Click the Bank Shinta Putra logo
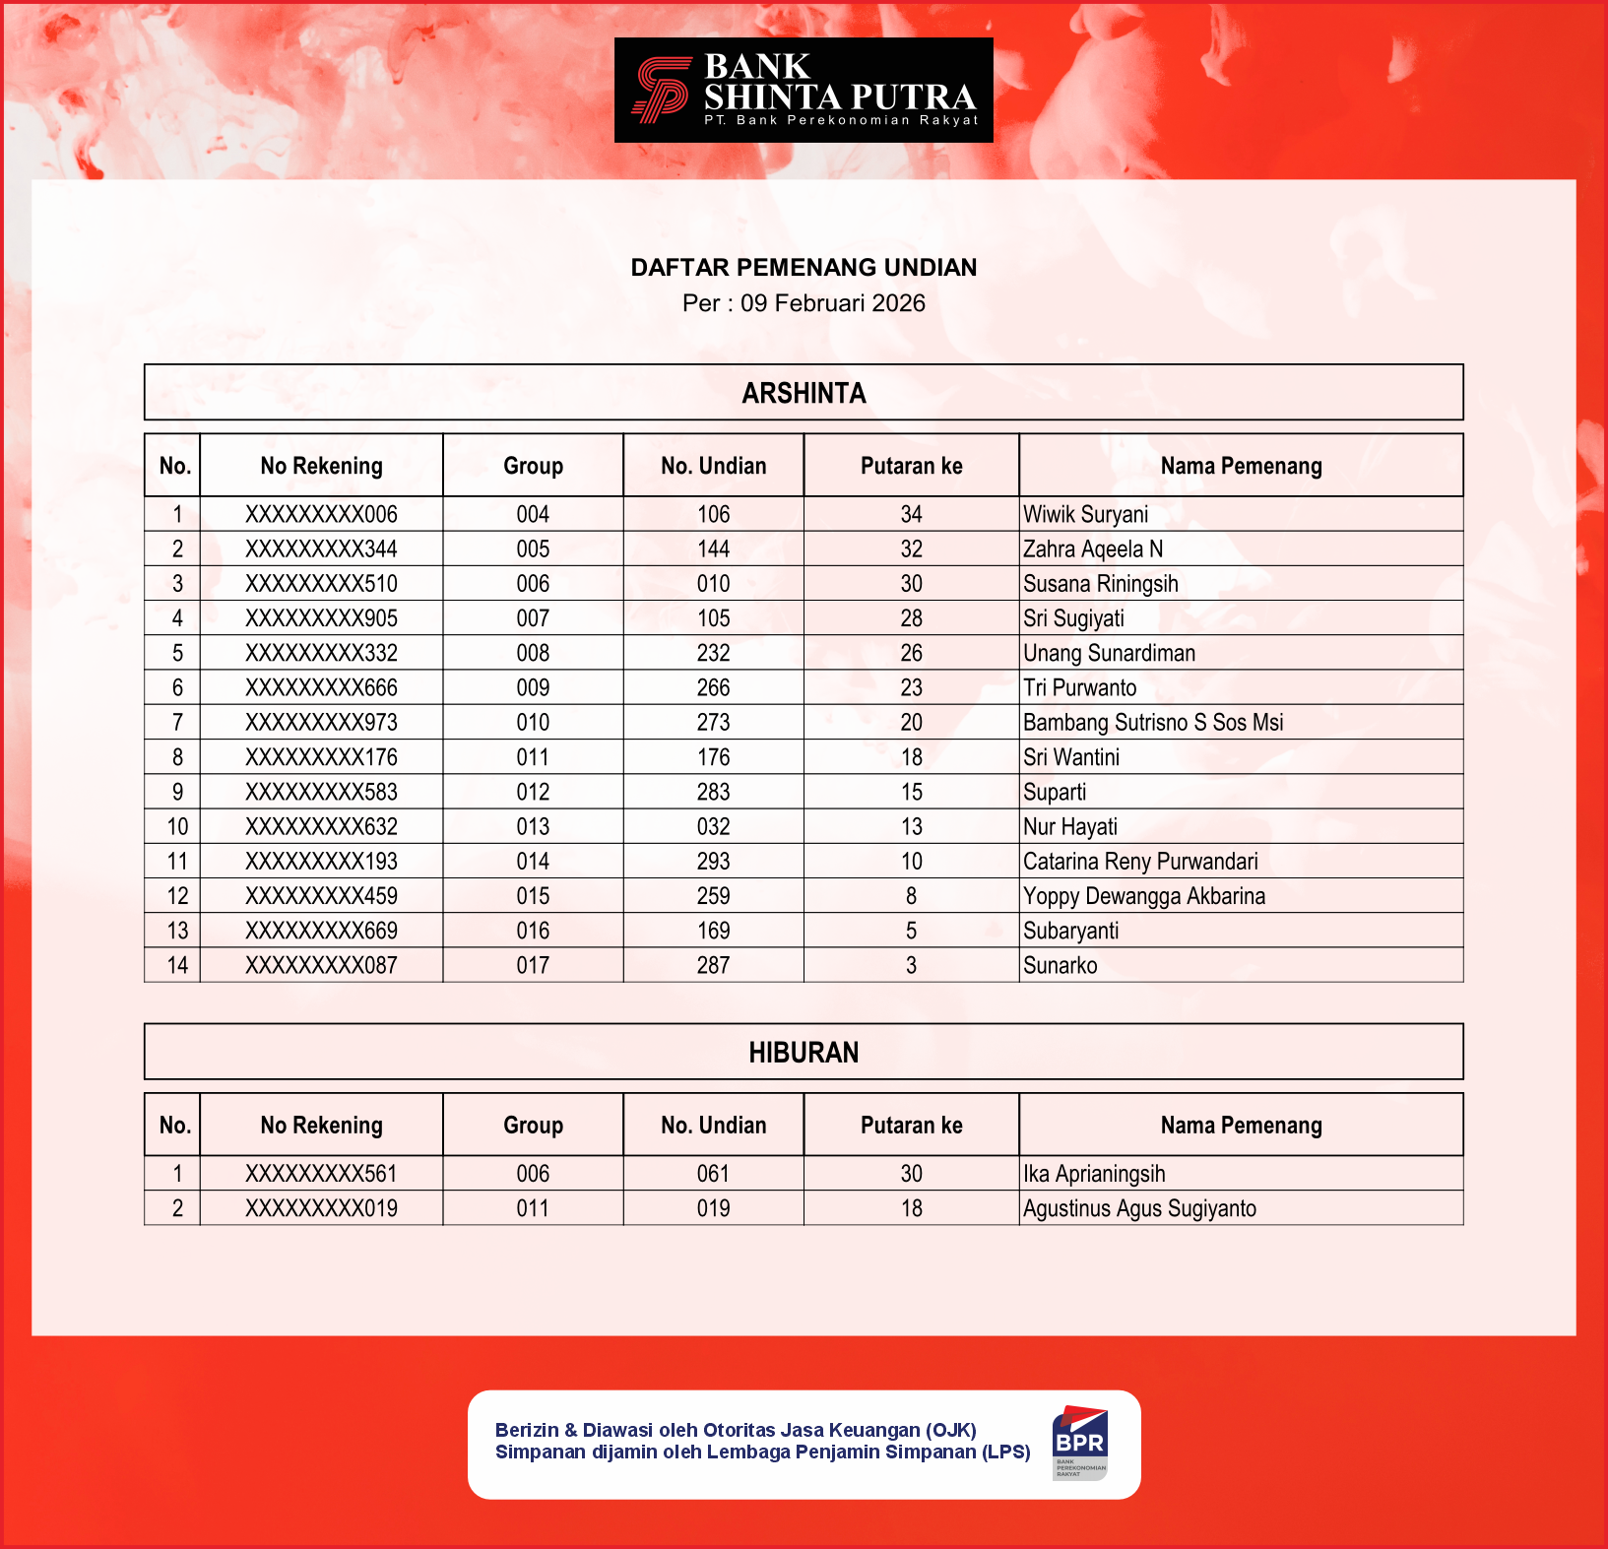click(804, 91)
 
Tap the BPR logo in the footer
click(1079, 1443)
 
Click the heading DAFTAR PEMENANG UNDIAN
click(804, 268)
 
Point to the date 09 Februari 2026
click(832, 303)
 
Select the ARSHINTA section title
click(804, 393)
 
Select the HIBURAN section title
click(804, 1053)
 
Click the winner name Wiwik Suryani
click(1085, 514)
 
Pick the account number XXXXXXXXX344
click(321, 549)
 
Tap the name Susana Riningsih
click(1100, 584)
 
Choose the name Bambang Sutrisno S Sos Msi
click(1152, 723)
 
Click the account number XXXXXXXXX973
click(321, 723)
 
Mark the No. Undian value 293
click(713, 862)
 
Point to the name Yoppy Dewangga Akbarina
click(1143, 896)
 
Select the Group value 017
click(533, 966)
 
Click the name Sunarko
click(1060, 966)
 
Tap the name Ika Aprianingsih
click(1093, 1174)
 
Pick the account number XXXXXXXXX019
click(321, 1208)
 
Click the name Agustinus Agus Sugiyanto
click(1139, 1208)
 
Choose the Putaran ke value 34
click(911, 514)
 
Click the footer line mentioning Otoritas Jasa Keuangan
click(736, 1430)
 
